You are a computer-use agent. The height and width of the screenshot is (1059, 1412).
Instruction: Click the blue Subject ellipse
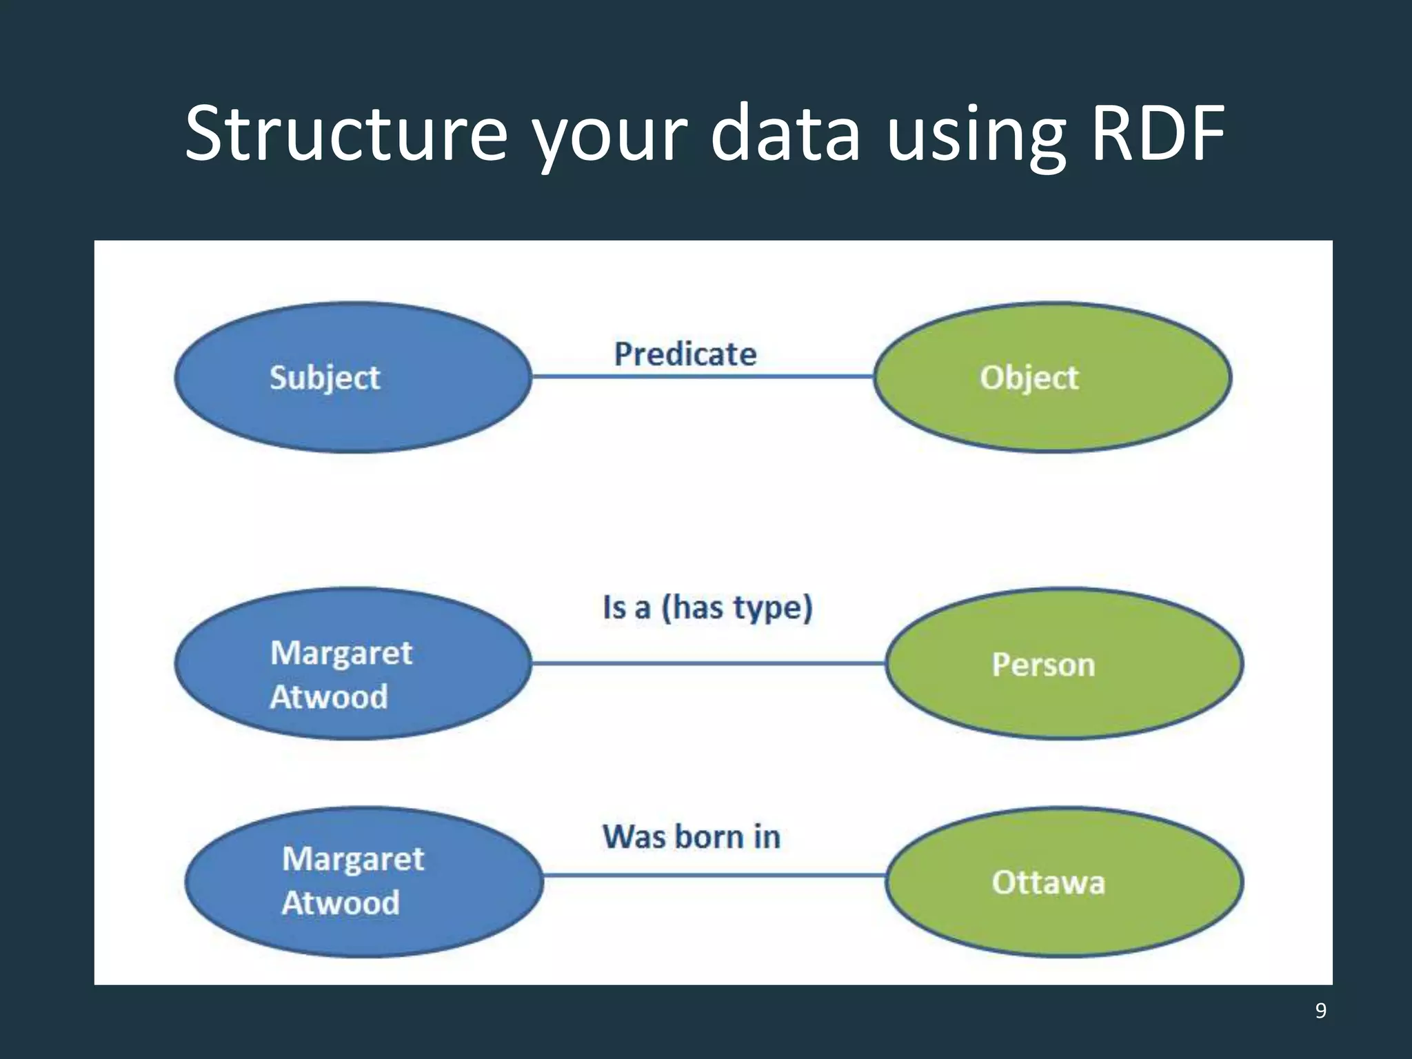353,377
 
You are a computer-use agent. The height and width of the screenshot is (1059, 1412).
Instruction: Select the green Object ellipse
1052,377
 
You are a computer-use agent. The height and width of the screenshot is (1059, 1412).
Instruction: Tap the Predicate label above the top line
685,354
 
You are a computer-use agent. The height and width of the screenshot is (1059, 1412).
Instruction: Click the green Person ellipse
1064,664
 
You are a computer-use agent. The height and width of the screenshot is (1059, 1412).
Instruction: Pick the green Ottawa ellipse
1064,882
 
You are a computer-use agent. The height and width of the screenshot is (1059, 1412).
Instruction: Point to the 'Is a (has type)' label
707,607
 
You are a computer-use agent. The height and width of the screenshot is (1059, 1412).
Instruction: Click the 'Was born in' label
692,837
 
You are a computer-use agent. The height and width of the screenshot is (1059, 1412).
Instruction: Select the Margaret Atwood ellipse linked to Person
353,664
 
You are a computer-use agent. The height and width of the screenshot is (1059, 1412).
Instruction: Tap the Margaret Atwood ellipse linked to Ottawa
364,882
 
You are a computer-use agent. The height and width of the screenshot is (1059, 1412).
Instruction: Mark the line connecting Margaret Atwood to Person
709,663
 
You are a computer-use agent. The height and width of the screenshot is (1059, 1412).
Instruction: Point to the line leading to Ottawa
714,875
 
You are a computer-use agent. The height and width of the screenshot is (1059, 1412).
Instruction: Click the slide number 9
1320,1010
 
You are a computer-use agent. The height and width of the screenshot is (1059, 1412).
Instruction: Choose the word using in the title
976,134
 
